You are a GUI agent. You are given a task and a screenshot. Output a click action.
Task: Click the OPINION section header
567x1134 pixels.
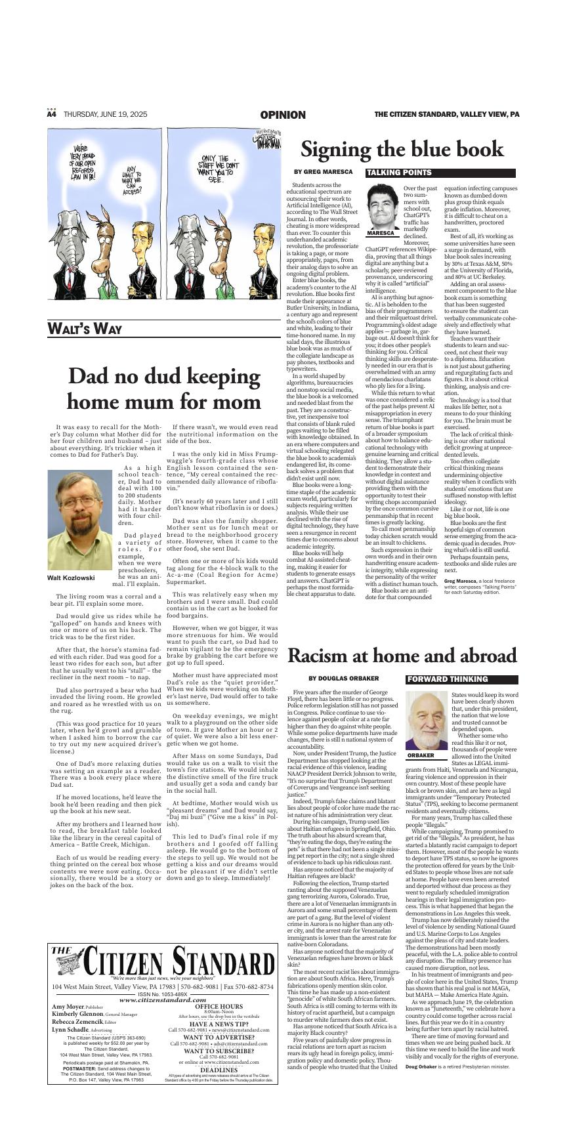click(x=283, y=115)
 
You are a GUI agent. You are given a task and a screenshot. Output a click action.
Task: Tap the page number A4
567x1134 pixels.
click(x=52, y=114)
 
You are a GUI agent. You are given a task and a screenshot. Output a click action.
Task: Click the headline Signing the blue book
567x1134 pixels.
click(x=402, y=150)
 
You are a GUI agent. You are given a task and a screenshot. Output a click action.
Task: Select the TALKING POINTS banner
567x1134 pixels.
click(x=400, y=173)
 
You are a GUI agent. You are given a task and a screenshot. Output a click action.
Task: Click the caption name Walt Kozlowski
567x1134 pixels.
click(x=71, y=578)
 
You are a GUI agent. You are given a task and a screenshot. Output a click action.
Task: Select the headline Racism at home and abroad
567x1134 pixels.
click(x=402, y=656)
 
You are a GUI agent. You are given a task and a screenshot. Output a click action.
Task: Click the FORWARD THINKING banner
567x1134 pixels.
click(x=448, y=679)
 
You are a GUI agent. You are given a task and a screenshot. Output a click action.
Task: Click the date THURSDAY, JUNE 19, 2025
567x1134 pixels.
click(x=105, y=114)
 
